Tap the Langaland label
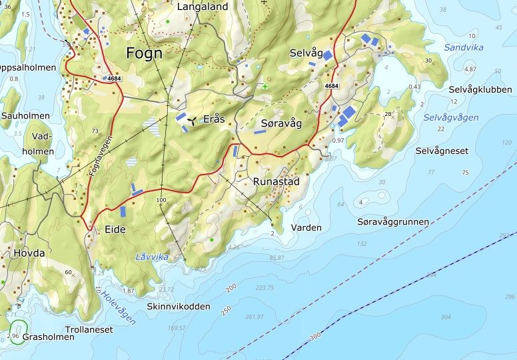pyautogui.click(x=203, y=7)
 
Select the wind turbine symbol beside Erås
pyautogui.click(x=192, y=121)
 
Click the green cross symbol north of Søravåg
pyautogui.click(x=265, y=87)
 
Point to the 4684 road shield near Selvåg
pyautogui.click(x=332, y=86)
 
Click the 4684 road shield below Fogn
pyautogui.click(x=113, y=79)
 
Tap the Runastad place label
pyautogui.click(x=276, y=181)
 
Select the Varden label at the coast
pyautogui.click(x=306, y=227)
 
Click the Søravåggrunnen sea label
pyautogui.click(x=393, y=221)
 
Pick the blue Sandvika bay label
pyautogui.click(x=464, y=47)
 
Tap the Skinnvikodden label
pyautogui.click(x=179, y=307)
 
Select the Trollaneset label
pyautogui.click(x=89, y=329)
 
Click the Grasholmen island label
pyautogui.click(x=49, y=337)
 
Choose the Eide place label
pyautogui.click(x=115, y=229)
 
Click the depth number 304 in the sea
pyautogui.click(x=445, y=317)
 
